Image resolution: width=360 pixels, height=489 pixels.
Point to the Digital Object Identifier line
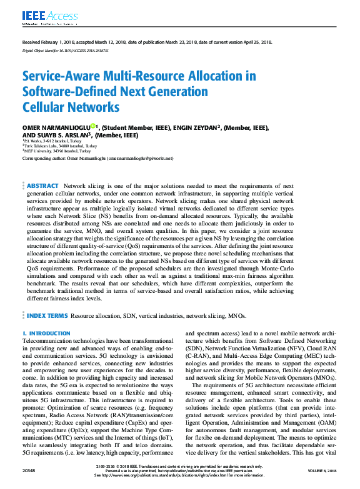[x=66, y=48]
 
